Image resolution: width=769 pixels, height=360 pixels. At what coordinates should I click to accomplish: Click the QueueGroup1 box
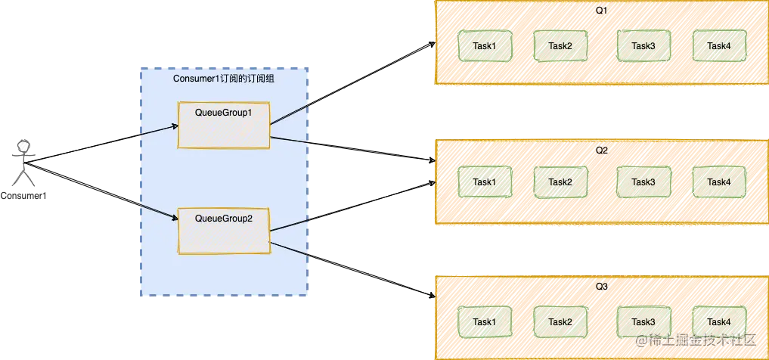223,124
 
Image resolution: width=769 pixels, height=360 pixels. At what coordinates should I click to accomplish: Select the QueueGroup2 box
223,230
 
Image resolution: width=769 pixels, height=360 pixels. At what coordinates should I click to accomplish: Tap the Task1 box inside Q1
485,46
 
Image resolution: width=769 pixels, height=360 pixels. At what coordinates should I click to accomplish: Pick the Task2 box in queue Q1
560,46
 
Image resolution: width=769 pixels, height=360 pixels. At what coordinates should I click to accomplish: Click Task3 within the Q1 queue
643,46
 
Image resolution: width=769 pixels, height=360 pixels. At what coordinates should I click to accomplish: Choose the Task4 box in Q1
719,46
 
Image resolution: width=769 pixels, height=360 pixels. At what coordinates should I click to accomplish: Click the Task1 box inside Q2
485,182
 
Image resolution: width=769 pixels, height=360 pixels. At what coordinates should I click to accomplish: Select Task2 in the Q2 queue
560,182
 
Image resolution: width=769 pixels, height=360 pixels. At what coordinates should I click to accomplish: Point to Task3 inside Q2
643,182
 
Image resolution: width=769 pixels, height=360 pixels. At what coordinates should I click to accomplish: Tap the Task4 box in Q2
719,182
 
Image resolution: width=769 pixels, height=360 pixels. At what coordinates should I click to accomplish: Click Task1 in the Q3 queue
485,321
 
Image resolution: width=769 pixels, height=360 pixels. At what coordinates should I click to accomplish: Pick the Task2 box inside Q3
560,321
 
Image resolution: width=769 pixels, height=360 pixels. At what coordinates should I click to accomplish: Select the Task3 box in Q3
643,321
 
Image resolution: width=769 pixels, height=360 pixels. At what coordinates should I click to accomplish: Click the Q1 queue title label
601,11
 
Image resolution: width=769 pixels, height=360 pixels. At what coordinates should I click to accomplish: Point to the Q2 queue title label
601,150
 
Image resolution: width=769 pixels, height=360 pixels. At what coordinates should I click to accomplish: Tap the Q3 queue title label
601,287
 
